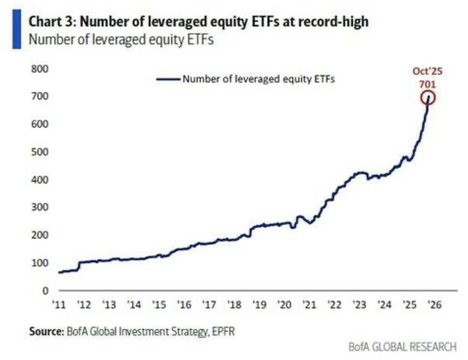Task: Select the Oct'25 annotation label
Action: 428,72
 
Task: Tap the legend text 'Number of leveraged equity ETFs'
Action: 259,79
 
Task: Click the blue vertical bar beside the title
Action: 16,30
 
